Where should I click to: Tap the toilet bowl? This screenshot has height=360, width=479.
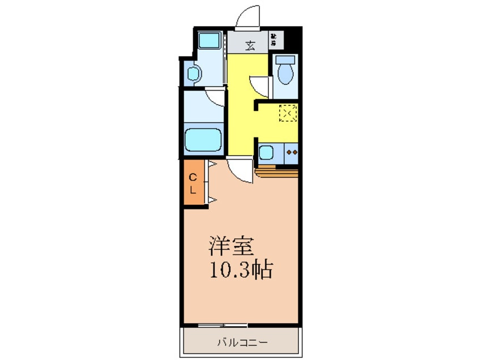[285, 73]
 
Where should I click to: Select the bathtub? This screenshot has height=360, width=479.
[203, 140]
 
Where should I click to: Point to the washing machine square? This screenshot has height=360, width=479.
[210, 41]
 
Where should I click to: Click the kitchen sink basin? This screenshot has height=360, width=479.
[266, 152]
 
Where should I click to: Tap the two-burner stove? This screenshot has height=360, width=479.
[292, 152]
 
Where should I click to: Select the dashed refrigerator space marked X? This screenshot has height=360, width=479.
[288, 114]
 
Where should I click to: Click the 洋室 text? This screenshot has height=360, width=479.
[230, 247]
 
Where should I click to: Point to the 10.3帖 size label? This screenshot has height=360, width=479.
[242, 271]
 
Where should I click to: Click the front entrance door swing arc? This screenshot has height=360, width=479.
[249, 16]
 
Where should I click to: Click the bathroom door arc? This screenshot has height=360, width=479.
[215, 97]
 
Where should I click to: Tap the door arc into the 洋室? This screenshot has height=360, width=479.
[240, 170]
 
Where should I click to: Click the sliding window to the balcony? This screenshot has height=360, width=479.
[223, 325]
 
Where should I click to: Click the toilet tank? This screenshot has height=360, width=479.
[285, 59]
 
